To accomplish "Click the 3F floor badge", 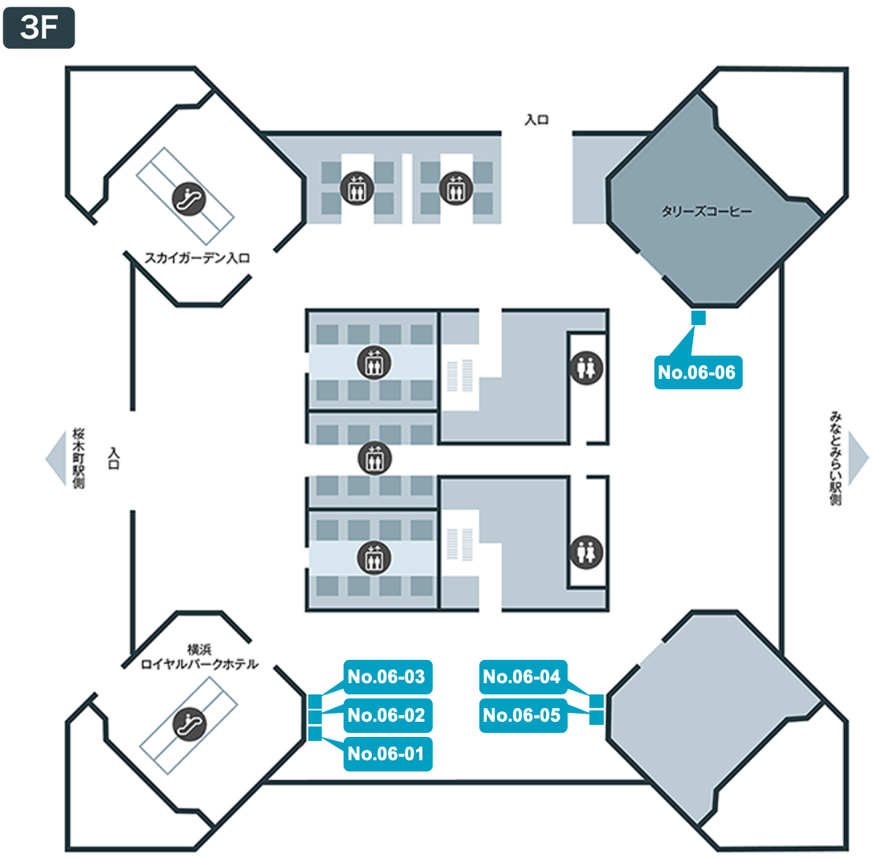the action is (39, 28).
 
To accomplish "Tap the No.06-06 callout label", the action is (698, 372).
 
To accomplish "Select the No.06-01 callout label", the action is (387, 754).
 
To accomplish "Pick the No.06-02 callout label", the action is (387, 714).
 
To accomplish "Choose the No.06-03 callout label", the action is (387, 677).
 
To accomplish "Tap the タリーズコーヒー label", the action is (707, 212).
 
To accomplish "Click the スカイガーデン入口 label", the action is (198, 258).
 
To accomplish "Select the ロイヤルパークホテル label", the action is (199, 664).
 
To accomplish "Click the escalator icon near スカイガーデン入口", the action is (189, 199).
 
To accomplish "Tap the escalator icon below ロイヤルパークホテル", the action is (190, 723).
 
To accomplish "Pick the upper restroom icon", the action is (586, 368).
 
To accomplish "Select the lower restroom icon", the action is (586, 552).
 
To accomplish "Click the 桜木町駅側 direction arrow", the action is (55, 458).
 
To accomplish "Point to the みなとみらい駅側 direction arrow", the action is (858, 458).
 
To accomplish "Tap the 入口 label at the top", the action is (536, 120).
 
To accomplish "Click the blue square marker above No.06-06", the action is (698, 317).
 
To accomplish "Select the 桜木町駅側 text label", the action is (79, 458).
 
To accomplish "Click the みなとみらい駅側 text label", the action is (835, 458).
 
